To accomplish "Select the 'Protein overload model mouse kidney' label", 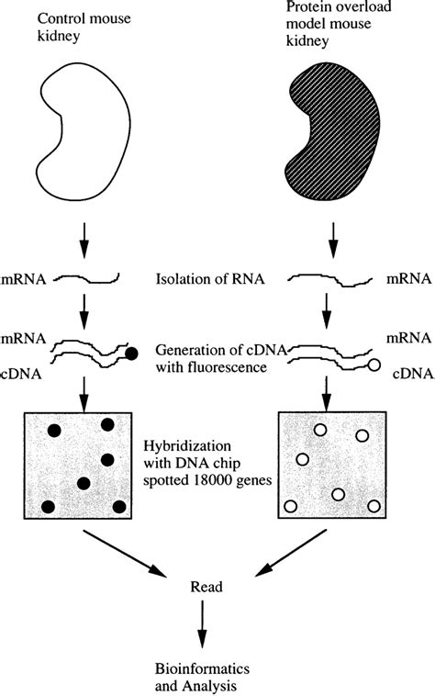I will pos(348,33).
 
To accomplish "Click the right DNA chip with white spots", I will pos(331,466).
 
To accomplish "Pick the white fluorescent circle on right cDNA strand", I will pos(374,365).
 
